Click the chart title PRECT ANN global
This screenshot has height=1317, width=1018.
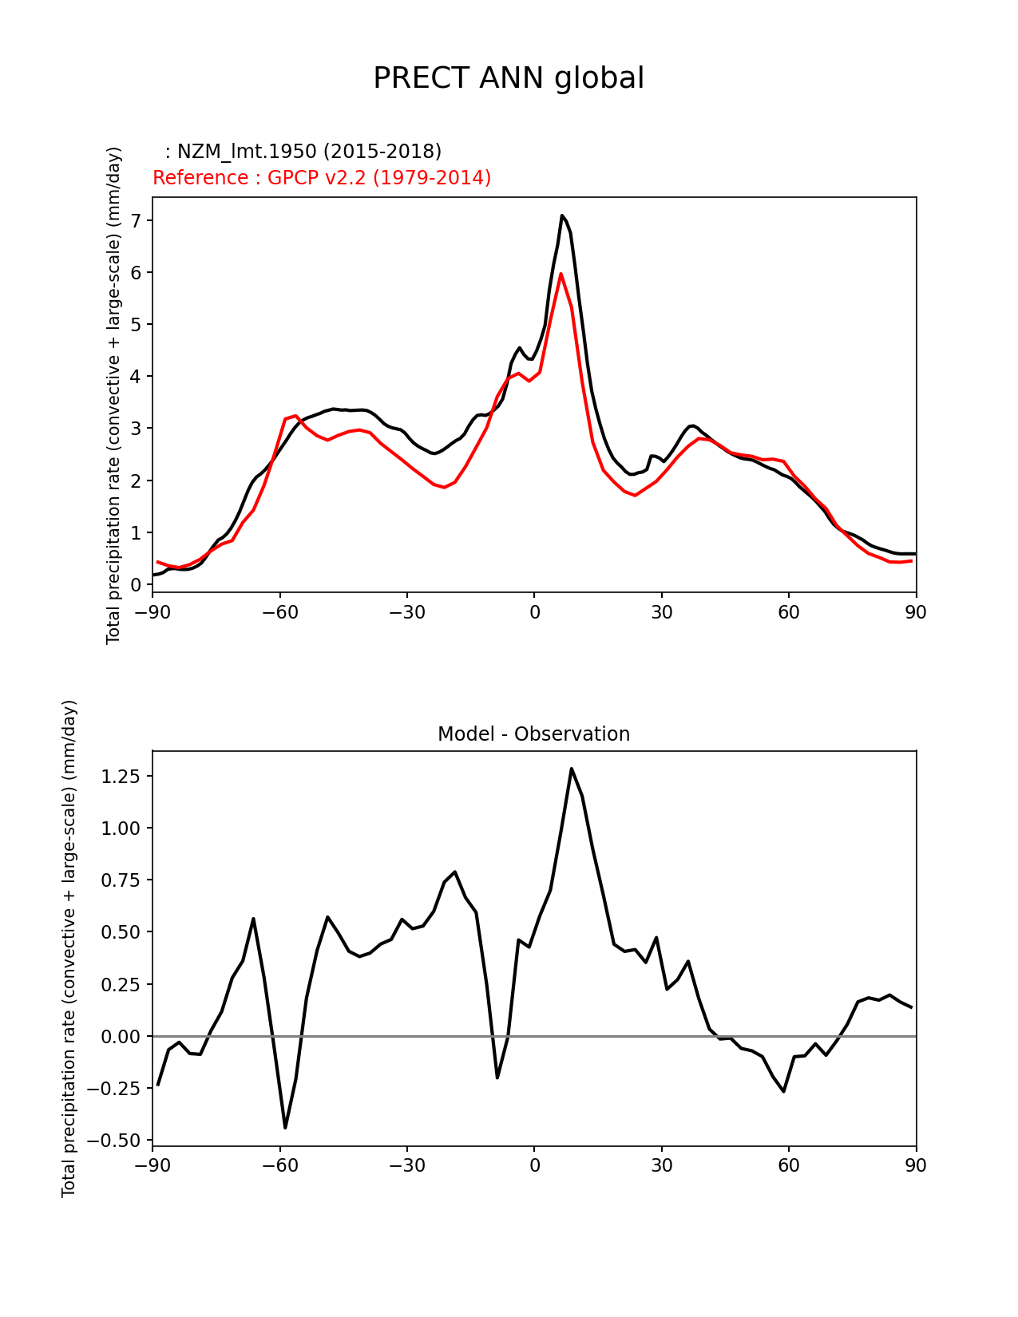[x=509, y=78]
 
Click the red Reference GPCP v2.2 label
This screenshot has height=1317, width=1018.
[x=322, y=177]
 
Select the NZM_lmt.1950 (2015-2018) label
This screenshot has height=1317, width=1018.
[x=303, y=151]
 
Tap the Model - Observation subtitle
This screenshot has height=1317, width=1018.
[x=533, y=734]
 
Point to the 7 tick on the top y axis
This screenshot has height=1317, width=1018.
[x=136, y=220]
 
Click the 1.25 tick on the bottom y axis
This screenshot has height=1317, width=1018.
[x=121, y=777]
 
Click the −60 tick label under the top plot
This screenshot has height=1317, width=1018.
[x=279, y=612]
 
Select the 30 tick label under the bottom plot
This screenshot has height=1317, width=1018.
[x=661, y=1165]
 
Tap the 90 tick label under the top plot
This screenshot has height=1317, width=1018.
[x=916, y=612]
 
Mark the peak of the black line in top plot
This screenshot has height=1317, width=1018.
[x=562, y=216]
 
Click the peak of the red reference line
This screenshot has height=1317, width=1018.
[x=560, y=274]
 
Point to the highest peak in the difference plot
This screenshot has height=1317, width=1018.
[x=572, y=769]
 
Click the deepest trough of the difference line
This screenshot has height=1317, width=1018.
[x=285, y=1127]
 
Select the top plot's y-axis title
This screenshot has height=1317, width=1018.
[x=114, y=395]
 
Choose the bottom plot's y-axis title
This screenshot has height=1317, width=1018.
[x=69, y=948]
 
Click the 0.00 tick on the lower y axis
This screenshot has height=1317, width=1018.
[x=121, y=1036]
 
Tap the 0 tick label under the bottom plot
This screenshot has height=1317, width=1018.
[x=534, y=1165]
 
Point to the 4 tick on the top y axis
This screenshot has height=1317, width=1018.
[x=136, y=376]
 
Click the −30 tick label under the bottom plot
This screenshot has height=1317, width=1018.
[x=406, y=1165]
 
